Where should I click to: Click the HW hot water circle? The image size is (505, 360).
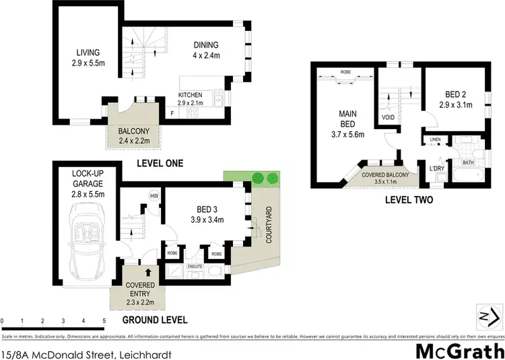click(x=154, y=196)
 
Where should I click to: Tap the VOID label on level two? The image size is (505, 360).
click(x=388, y=116)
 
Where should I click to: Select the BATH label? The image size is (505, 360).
click(x=469, y=163)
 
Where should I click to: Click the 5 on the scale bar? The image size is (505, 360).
click(x=104, y=320)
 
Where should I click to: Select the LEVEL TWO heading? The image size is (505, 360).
click(x=408, y=200)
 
